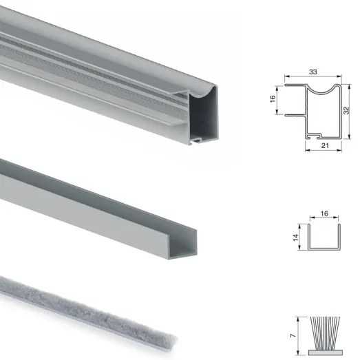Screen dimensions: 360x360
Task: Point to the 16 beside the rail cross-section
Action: pyautogui.click(x=273, y=100)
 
